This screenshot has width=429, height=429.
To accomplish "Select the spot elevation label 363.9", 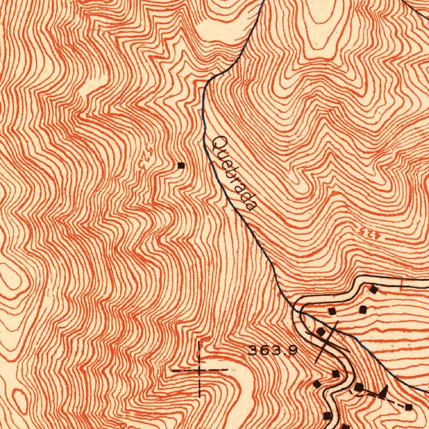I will [x=273, y=350].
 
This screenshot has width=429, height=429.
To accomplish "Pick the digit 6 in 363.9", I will [x=263, y=350].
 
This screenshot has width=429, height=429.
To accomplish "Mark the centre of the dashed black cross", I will [x=199, y=370].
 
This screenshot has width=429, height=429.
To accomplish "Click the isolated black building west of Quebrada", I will [x=181, y=165].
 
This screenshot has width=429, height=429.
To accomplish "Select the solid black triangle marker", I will [x=384, y=392].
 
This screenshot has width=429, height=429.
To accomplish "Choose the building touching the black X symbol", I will [x=321, y=332].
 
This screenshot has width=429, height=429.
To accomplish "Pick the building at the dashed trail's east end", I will [x=409, y=407].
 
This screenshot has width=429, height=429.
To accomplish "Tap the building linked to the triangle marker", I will [x=359, y=387].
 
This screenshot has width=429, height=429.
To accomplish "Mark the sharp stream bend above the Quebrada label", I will [x=205, y=86].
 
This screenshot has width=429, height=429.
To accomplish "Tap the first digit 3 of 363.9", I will [x=253, y=350].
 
